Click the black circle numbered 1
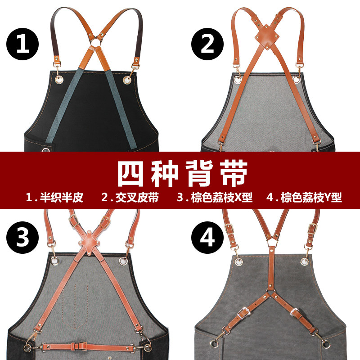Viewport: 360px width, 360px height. [22, 45]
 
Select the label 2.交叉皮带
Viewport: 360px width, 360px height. [130, 198]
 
